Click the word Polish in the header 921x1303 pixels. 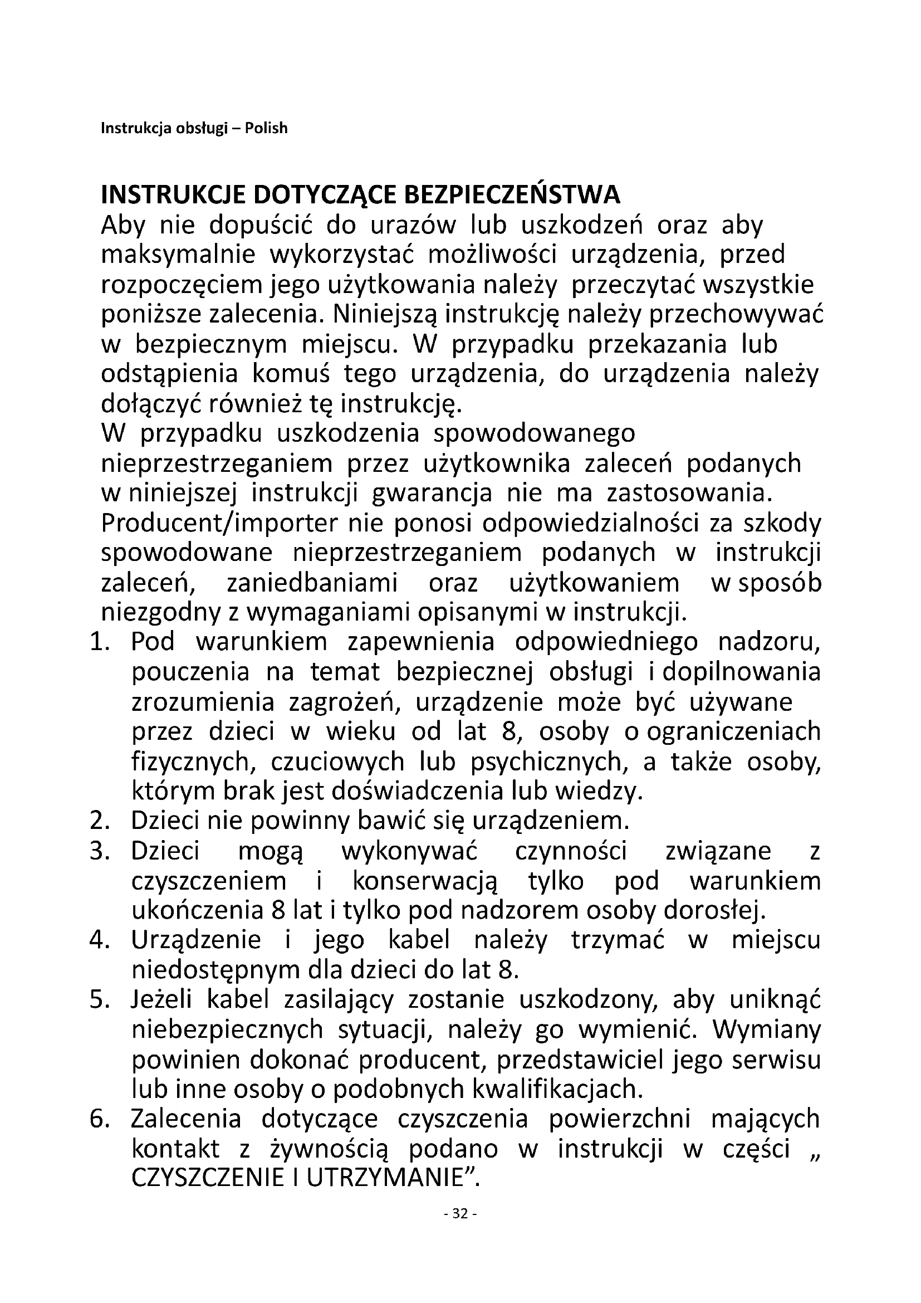(266, 128)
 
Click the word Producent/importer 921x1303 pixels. (219, 524)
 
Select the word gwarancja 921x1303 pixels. (432, 494)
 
